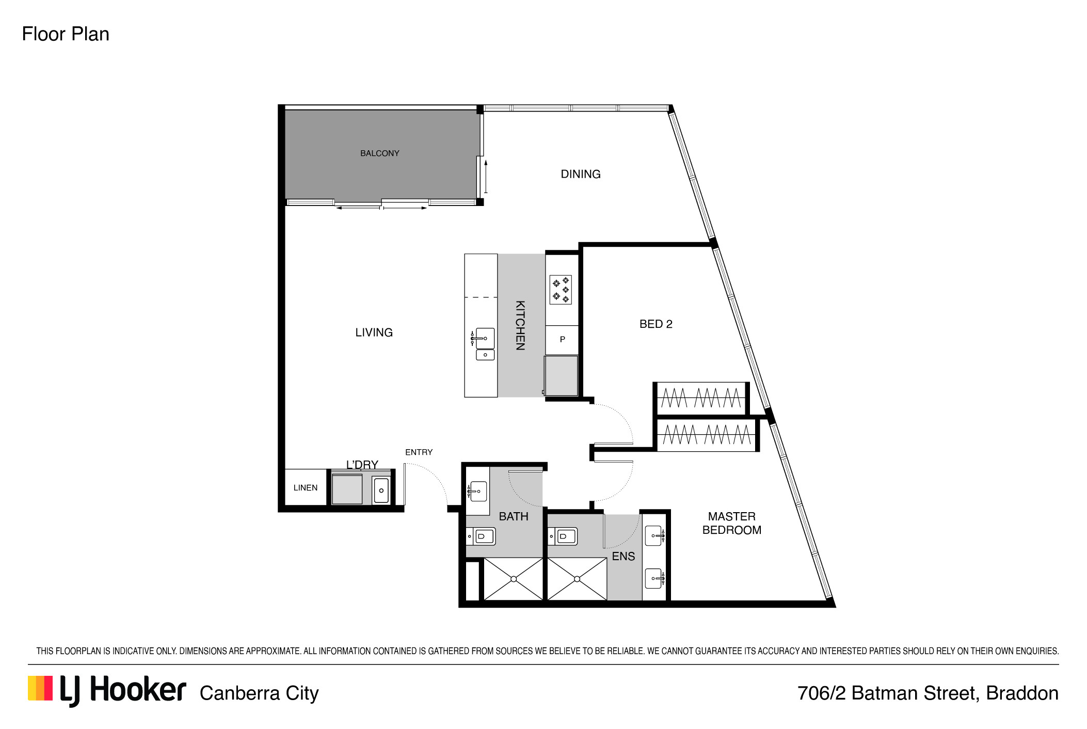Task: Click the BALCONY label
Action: (380, 153)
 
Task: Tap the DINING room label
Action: (581, 174)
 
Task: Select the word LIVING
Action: (374, 332)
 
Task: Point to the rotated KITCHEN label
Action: (520, 325)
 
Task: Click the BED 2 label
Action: (656, 324)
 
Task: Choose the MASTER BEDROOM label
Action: (732, 523)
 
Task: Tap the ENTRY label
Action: (419, 452)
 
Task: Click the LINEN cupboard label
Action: (306, 487)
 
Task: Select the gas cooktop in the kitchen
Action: (561, 290)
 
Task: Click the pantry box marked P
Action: (562, 340)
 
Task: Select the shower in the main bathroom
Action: (514, 579)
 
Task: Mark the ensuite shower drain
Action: (577, 579)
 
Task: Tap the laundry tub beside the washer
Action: (381, 490)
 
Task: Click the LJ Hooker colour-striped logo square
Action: (40, 688)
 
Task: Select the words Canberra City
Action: (259, 693)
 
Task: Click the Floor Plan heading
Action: (66, 34)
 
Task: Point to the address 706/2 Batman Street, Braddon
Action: (928, 693)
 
